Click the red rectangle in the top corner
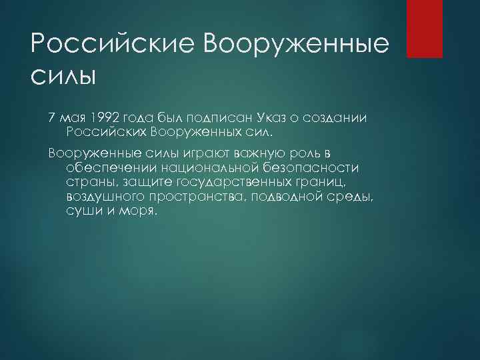point(425,29)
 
